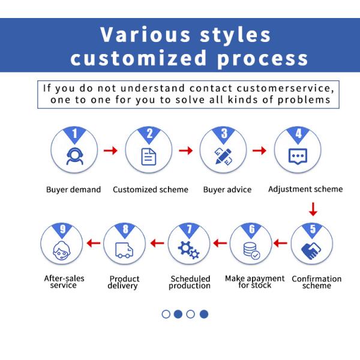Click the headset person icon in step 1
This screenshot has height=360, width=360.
point(74,157)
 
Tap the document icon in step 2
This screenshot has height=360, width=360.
point(149,157)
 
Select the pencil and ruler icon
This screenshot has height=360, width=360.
point(223,157)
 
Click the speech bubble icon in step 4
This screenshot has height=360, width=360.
point(298,157)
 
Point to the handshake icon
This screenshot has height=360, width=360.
point(311,251)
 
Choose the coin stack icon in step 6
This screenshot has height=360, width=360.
point(251,251)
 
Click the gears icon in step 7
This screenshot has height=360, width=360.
point(189,250)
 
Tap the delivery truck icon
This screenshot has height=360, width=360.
point(124,250)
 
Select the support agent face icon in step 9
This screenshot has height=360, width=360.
point(62,251)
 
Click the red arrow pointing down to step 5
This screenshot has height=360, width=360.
point(313,209)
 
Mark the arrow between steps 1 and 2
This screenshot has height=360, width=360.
point(110,151)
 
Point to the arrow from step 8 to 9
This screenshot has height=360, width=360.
point(94,243)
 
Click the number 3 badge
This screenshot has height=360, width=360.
point(224,134)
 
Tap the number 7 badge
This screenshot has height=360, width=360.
point(189,230)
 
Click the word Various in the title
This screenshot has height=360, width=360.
point(145,34)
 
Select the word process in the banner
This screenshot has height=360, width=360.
point(262,58)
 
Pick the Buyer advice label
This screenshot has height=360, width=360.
point(227,190)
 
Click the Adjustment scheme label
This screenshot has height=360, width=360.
point(305,189)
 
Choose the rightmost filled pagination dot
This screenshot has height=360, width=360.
point(204,314)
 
